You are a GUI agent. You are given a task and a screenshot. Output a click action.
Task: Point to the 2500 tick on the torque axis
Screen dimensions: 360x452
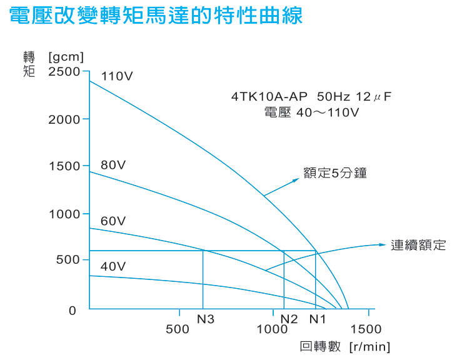click(64, 71)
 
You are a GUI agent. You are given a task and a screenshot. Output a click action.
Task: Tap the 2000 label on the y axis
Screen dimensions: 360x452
click(64, 119)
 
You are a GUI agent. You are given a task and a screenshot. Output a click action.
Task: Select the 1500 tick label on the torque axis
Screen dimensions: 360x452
click(64, 166)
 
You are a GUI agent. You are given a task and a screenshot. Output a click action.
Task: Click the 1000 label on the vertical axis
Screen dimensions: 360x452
click(64, 214)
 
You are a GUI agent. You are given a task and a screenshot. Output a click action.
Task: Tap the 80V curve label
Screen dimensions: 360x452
click(113, 165)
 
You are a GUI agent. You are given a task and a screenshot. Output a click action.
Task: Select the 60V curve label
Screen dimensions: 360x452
click(113, 221)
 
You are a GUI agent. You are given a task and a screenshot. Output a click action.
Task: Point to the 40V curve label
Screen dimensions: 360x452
click(113, 266)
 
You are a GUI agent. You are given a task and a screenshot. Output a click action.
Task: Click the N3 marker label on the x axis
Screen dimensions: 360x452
click(206, 319)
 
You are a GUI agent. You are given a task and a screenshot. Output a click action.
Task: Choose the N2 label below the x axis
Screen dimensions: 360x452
click(289, 319)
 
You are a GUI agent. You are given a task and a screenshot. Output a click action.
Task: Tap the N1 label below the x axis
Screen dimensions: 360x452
click(318, 319)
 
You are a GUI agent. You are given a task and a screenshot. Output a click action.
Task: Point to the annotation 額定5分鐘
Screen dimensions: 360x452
click(335, 173)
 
